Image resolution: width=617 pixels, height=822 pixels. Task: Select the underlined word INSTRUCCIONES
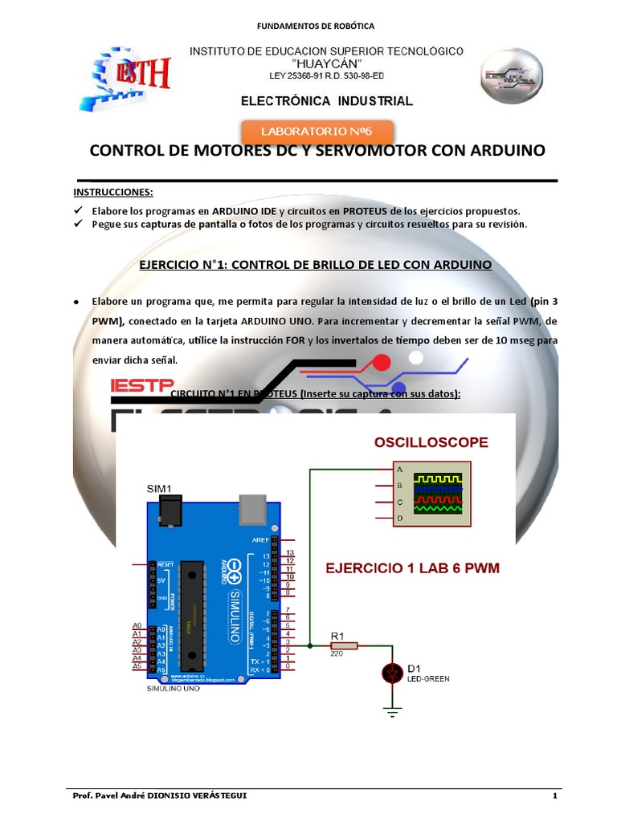tap(113, 193)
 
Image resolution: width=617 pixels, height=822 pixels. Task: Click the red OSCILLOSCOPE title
tap(431, 442)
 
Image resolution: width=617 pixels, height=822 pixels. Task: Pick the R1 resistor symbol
tap(344, 645)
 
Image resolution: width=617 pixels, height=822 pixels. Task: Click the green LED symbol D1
tap(392, 673)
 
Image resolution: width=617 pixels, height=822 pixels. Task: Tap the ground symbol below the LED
tap(392, 710)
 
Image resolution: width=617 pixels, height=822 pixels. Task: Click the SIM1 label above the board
tap(159, 488)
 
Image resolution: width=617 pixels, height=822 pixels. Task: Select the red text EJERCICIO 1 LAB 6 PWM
tap(412, 568)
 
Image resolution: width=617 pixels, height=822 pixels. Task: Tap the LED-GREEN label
tap(428, 678)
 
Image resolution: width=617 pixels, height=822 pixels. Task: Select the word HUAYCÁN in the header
tap(326, 63)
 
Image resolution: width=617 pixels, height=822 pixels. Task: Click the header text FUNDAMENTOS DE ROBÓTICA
tap(316, 26)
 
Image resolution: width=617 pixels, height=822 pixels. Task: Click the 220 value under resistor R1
tap(337, 654)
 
